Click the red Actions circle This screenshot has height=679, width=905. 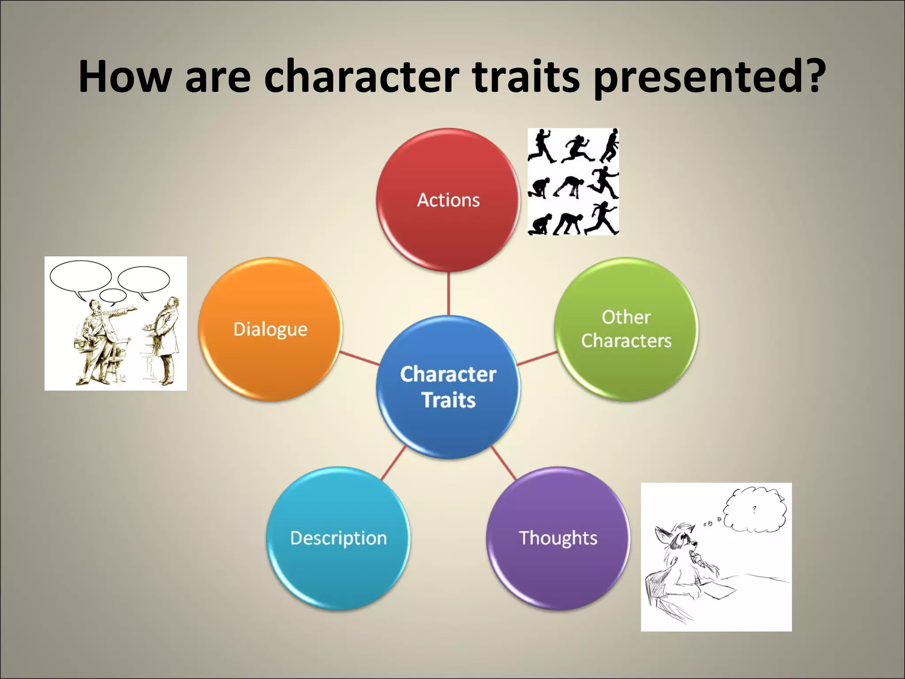click(x=448, y=200)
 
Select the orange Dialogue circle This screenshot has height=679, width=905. click(x=270, y=329)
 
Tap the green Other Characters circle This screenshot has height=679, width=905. click(x=626, y=329)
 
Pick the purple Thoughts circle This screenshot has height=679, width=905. click(x=558, y=538)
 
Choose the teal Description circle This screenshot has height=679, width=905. click(x=338, y=538)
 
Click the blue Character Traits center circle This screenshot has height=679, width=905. click(x=448, y=387)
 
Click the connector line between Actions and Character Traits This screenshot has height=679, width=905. click(x=449, y=294)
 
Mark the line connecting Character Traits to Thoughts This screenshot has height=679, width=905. click(x=504, y=463)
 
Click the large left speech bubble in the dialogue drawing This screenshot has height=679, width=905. click(x=80, y=276)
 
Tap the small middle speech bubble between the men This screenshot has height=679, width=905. click(x=113, y=295)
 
